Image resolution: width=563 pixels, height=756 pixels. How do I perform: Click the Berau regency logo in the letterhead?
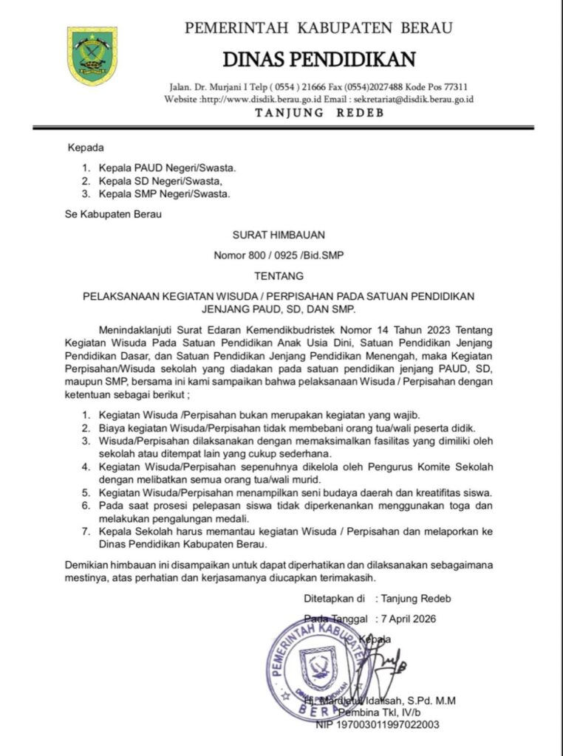click(x=92, y=56)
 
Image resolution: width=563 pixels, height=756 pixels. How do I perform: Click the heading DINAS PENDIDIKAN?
click(x=319, y=58)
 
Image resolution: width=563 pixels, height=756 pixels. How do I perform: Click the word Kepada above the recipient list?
click(x=86, y=147)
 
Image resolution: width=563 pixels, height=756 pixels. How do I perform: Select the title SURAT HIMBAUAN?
click(x=279, y=236)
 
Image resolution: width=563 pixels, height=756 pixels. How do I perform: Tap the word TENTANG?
click(x=279, y=276)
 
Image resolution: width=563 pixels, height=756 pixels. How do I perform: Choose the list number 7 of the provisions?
click(x=85, y=532)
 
